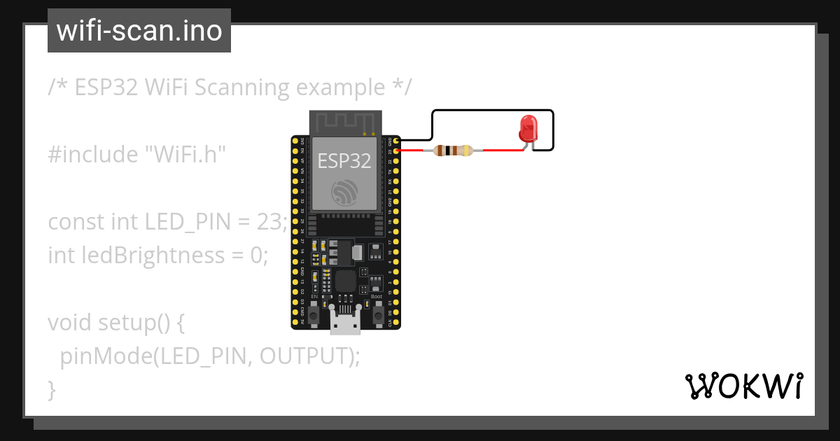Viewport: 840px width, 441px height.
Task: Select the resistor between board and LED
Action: pos(453,150)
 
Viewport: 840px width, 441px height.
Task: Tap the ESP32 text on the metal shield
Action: pos(344,161)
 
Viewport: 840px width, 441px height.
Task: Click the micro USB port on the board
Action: pos(345,323)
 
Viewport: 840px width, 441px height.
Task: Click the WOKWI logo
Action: pos(743,386)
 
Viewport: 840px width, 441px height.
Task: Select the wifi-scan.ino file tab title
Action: pos(139,31)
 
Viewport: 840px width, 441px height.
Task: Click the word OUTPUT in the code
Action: pos(303,356)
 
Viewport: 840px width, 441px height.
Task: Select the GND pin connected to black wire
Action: pos(396,141)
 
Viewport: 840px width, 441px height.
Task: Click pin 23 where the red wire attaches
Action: pos(396,150)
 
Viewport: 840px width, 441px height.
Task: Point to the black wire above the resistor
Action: pos(490,111)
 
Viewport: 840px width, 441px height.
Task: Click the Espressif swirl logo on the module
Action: pos(344,192)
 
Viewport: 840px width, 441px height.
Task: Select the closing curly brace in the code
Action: pos(51,388)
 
